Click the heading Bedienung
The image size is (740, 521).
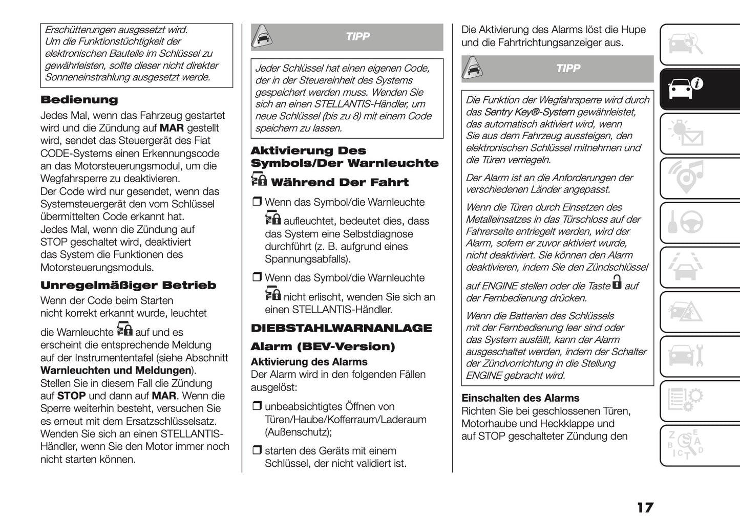pos(79,100)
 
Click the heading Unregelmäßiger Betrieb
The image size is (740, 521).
pos(128,285)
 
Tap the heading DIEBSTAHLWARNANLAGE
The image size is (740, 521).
pos(341,328)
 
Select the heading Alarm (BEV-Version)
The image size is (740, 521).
pos(323,346)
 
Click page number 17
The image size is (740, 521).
pos(645,507)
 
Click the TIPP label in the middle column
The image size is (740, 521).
pos(357,37)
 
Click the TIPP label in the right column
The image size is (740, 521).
pos(568,69)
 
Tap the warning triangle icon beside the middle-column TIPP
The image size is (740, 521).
pos(262,37)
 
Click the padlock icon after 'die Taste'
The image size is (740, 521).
pos(617,283)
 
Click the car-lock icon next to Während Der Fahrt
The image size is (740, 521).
pos(259,180)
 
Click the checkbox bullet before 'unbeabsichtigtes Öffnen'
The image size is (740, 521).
pos(256,406)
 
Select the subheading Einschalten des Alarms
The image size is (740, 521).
pos(520,398)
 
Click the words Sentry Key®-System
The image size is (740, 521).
pos(529,112)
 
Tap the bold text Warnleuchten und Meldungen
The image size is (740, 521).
pos(116,371)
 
